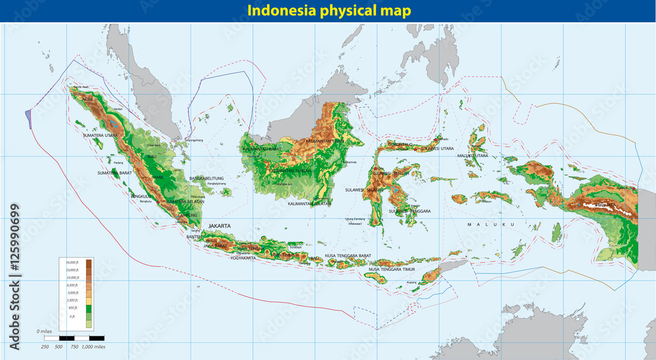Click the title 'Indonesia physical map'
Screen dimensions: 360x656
tap(328, 11)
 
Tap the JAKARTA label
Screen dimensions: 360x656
tap(220, 226)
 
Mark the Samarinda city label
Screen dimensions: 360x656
tap(347, 162)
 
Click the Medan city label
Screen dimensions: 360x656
tap(118, 109)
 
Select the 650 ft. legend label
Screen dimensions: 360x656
tap(73, 308)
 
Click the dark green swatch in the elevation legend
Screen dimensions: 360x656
tap(88, 308)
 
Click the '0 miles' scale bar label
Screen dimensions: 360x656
tap(45, 331)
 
